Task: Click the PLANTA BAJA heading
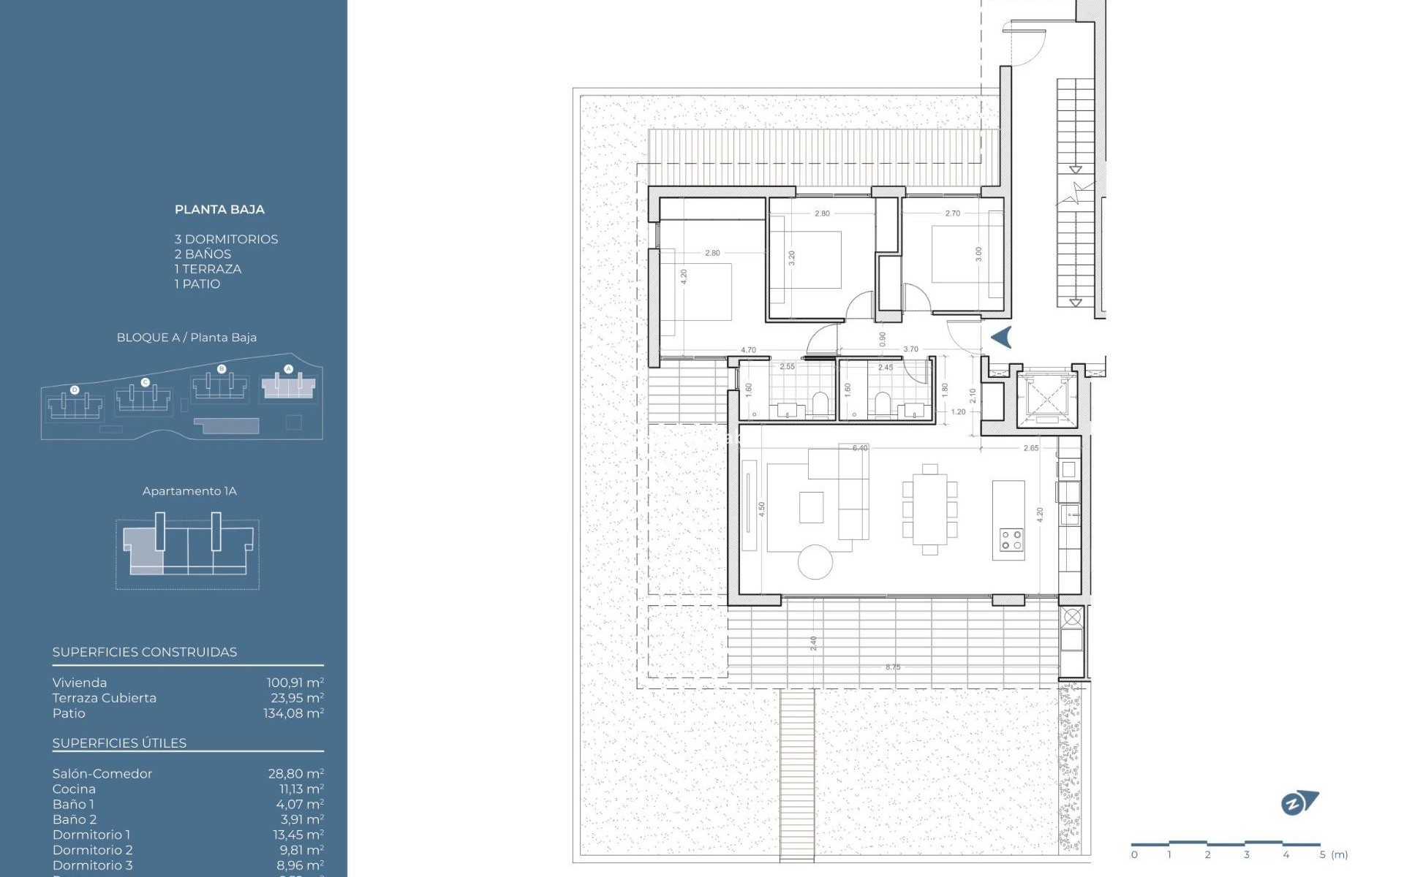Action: [219, 210]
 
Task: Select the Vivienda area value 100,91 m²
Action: [295, 683]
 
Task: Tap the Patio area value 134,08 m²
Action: [293, 713]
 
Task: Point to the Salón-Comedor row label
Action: [102, 773]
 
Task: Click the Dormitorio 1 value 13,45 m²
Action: [296, 835]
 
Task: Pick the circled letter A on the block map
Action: [288, 369]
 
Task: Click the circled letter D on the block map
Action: [75, 390]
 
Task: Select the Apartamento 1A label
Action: [189, 491]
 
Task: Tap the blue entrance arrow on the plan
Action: [1001, 337]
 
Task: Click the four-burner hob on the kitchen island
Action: [1011, 540]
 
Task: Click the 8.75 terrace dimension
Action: [893, 667]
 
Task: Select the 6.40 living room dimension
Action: [860, 448]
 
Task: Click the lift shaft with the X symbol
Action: [1047, 398]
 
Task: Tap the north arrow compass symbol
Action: [1299, 803]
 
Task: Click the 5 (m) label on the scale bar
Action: [1334, 854]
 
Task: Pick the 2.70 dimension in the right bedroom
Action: [953, 213]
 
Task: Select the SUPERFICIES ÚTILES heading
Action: [119, 743]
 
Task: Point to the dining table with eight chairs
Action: [929, 509]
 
